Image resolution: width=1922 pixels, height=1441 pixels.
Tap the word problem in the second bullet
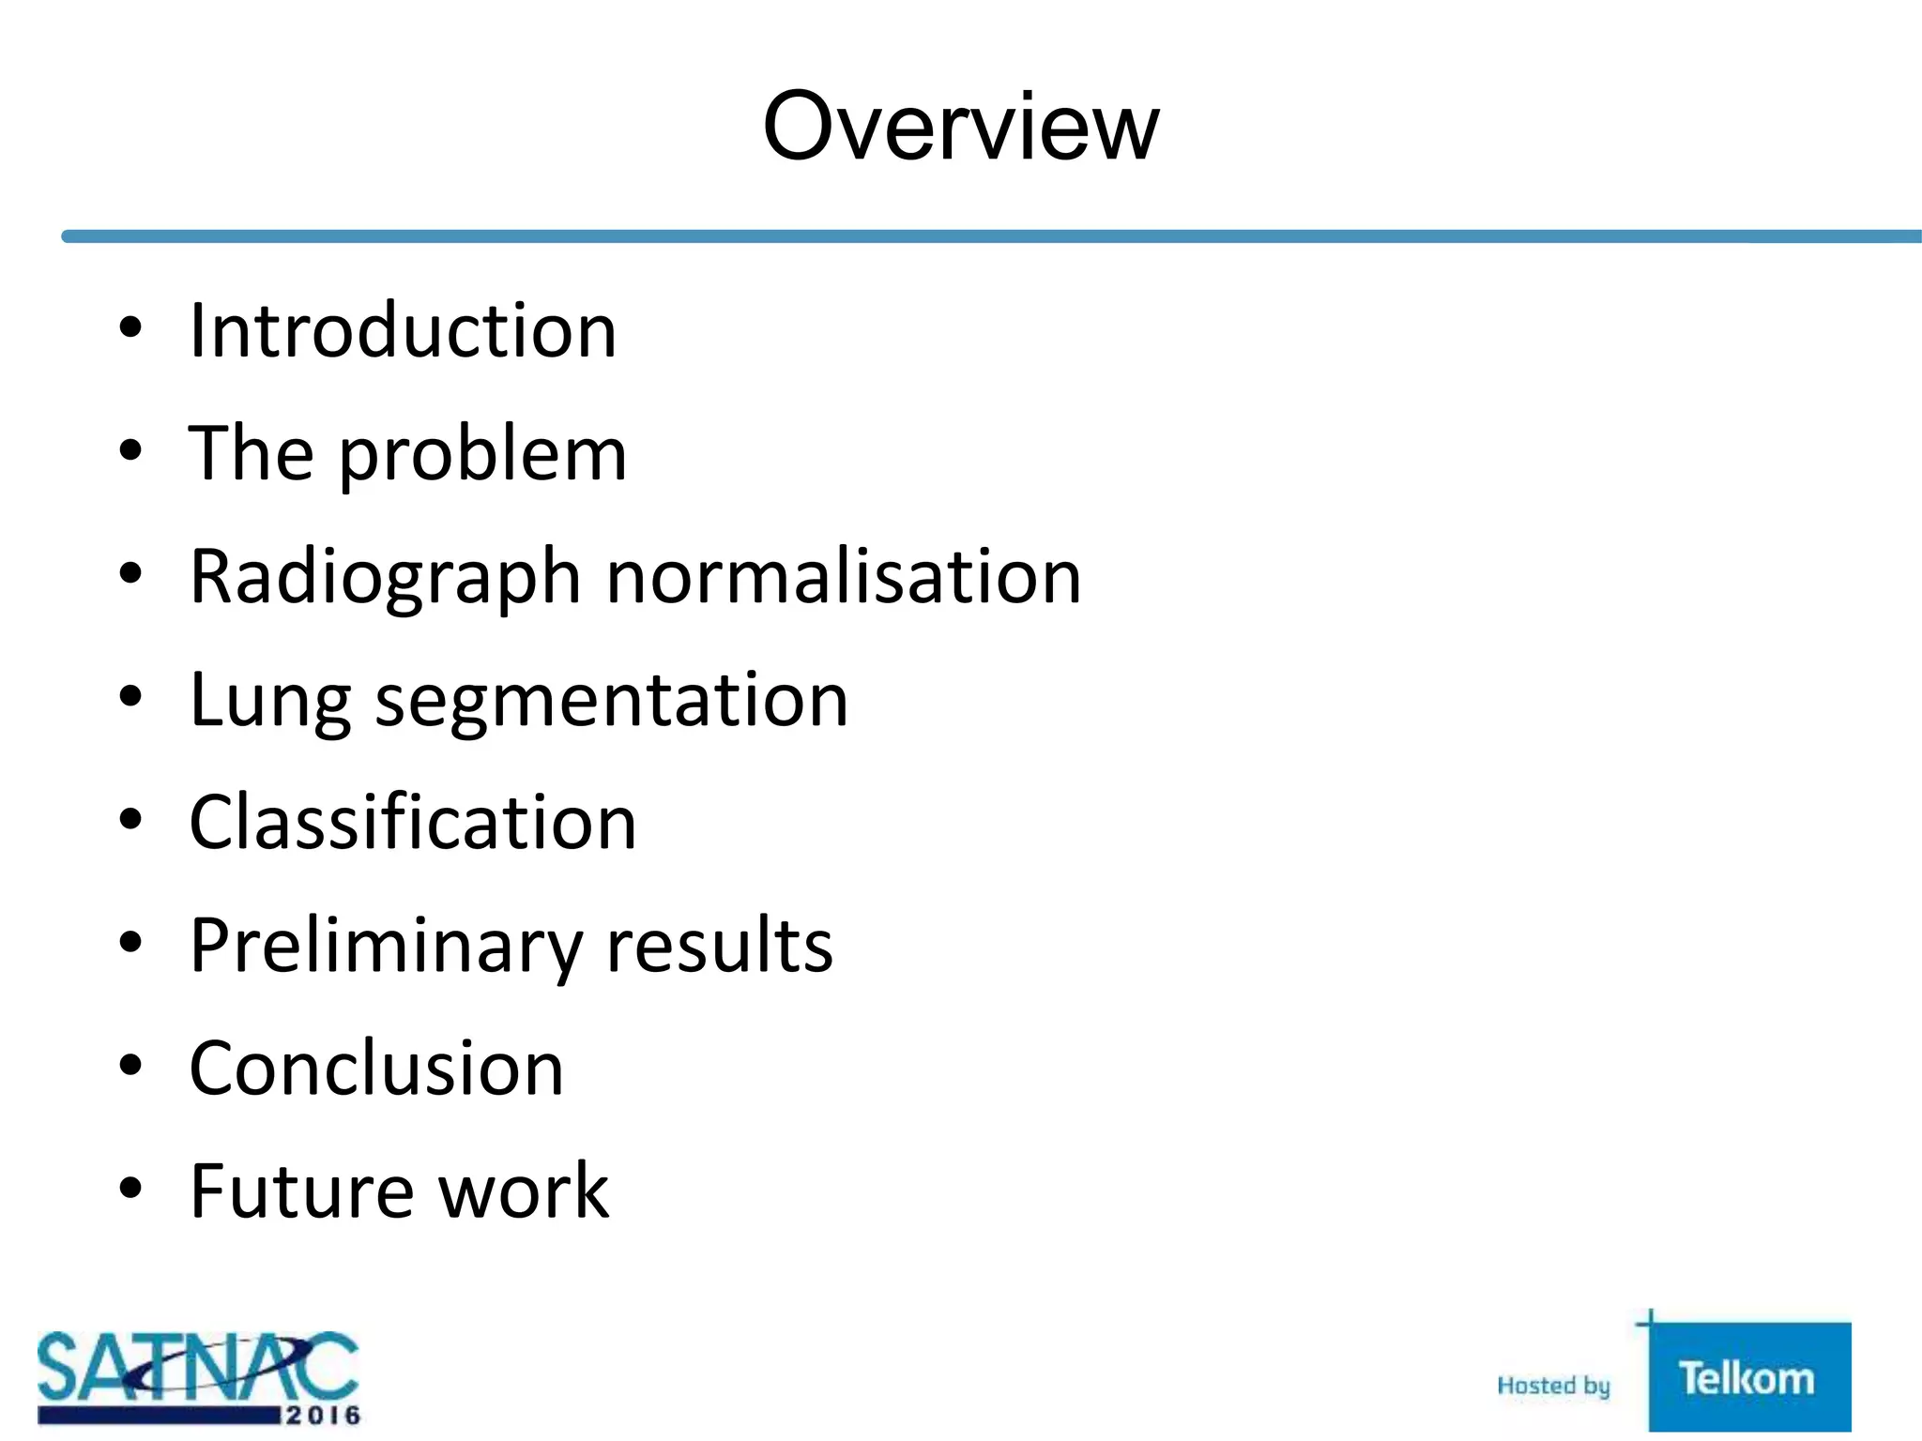(x=482, y=455)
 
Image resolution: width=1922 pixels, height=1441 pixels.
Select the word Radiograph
(x=385, y=577)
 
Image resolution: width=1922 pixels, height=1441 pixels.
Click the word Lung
(x=269, y=701)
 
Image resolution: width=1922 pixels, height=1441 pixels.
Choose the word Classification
(x=413, y=822)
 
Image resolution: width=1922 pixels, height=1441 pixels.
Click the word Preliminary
(x=386, y=946)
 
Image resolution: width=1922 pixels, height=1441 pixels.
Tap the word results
(x=720, y=945)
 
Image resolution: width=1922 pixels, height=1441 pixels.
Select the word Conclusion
(x=376, y=1069)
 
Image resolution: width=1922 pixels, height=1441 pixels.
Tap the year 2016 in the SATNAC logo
(x=323, y=1414)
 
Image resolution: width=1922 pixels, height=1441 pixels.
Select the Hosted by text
(x=1553, y=1386)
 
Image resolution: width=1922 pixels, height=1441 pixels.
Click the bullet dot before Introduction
(x=130, y=327)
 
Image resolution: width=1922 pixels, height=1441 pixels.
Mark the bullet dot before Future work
(x=130, y=1188)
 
